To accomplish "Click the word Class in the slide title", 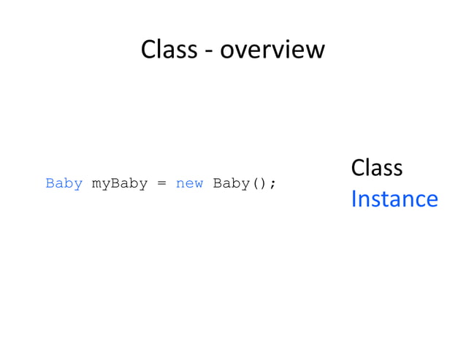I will [169, 50].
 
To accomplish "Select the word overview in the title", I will [272, 50].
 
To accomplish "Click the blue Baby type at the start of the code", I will [64, 183].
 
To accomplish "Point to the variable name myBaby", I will [120, 184].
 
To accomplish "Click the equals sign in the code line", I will [161, 184].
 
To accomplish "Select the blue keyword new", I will [189, 183].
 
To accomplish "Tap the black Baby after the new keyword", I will [231, 183].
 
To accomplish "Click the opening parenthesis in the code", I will [255, 184].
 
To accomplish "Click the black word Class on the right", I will [376, 168].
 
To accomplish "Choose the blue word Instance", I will [394, 199].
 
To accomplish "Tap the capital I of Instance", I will [354, 199].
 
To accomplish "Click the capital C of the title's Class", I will [148, 50].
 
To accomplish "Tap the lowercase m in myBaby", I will [96, 185].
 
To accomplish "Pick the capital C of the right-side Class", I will [358, 168].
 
